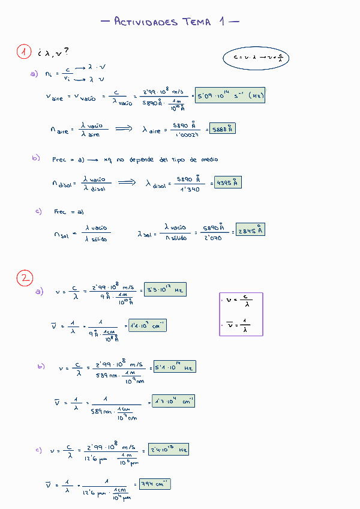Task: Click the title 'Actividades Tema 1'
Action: coord(170,22)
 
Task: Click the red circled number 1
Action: coord(23,52)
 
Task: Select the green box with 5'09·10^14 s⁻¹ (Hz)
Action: coord(230,95)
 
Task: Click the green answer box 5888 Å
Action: coord(222,128)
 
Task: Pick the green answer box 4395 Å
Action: coord(228,182)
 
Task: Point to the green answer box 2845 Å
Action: coord(250,230)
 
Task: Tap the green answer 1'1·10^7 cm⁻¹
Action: coord(148,326)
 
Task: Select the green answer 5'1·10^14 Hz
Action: coord(175,367)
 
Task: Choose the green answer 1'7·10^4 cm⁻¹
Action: coord(173,401)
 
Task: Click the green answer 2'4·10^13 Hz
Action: coord(169,449)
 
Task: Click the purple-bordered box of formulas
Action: coord(241,313)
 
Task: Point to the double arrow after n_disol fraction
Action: coord(127,182)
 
